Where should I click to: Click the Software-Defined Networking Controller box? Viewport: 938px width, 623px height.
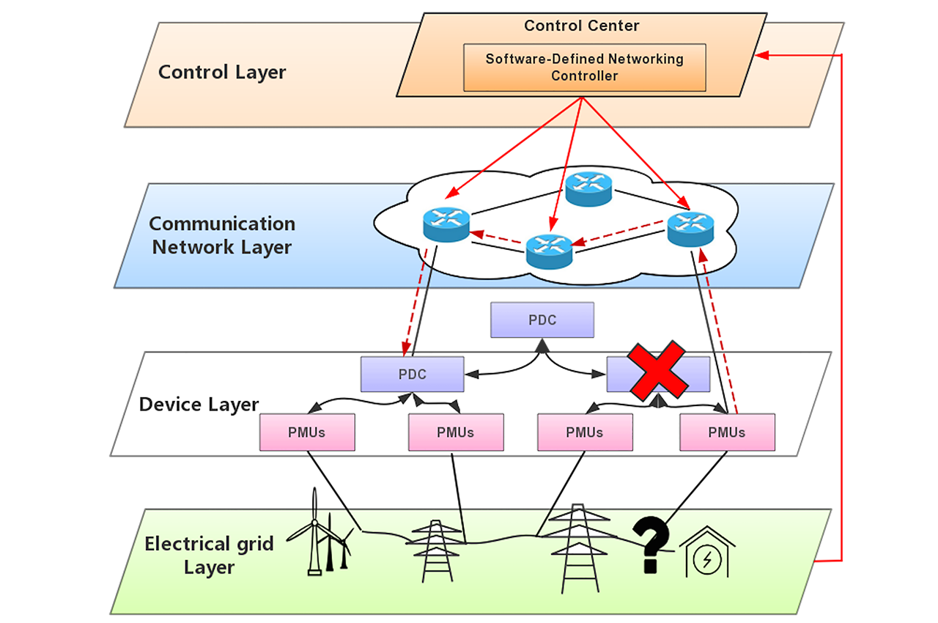pos(584,67)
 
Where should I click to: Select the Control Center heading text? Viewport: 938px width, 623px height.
pos(581,26)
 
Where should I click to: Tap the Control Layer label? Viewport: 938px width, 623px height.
pos(222,73)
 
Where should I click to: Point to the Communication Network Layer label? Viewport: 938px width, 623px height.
pos(222,235)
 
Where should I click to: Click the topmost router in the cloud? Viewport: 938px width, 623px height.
pos(588,189)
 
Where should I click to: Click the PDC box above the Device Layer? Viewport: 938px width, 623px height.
pos(542,321)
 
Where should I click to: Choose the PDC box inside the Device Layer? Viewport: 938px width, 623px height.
pos(412,374)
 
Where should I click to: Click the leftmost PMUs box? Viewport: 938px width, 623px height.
pos(307,432)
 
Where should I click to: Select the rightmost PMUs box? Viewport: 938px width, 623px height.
pos(726,432)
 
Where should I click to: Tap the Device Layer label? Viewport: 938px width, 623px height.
pos(199,405)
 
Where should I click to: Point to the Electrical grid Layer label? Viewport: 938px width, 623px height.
pos(209,556)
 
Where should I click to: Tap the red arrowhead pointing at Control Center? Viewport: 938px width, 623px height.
pos(762,56)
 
